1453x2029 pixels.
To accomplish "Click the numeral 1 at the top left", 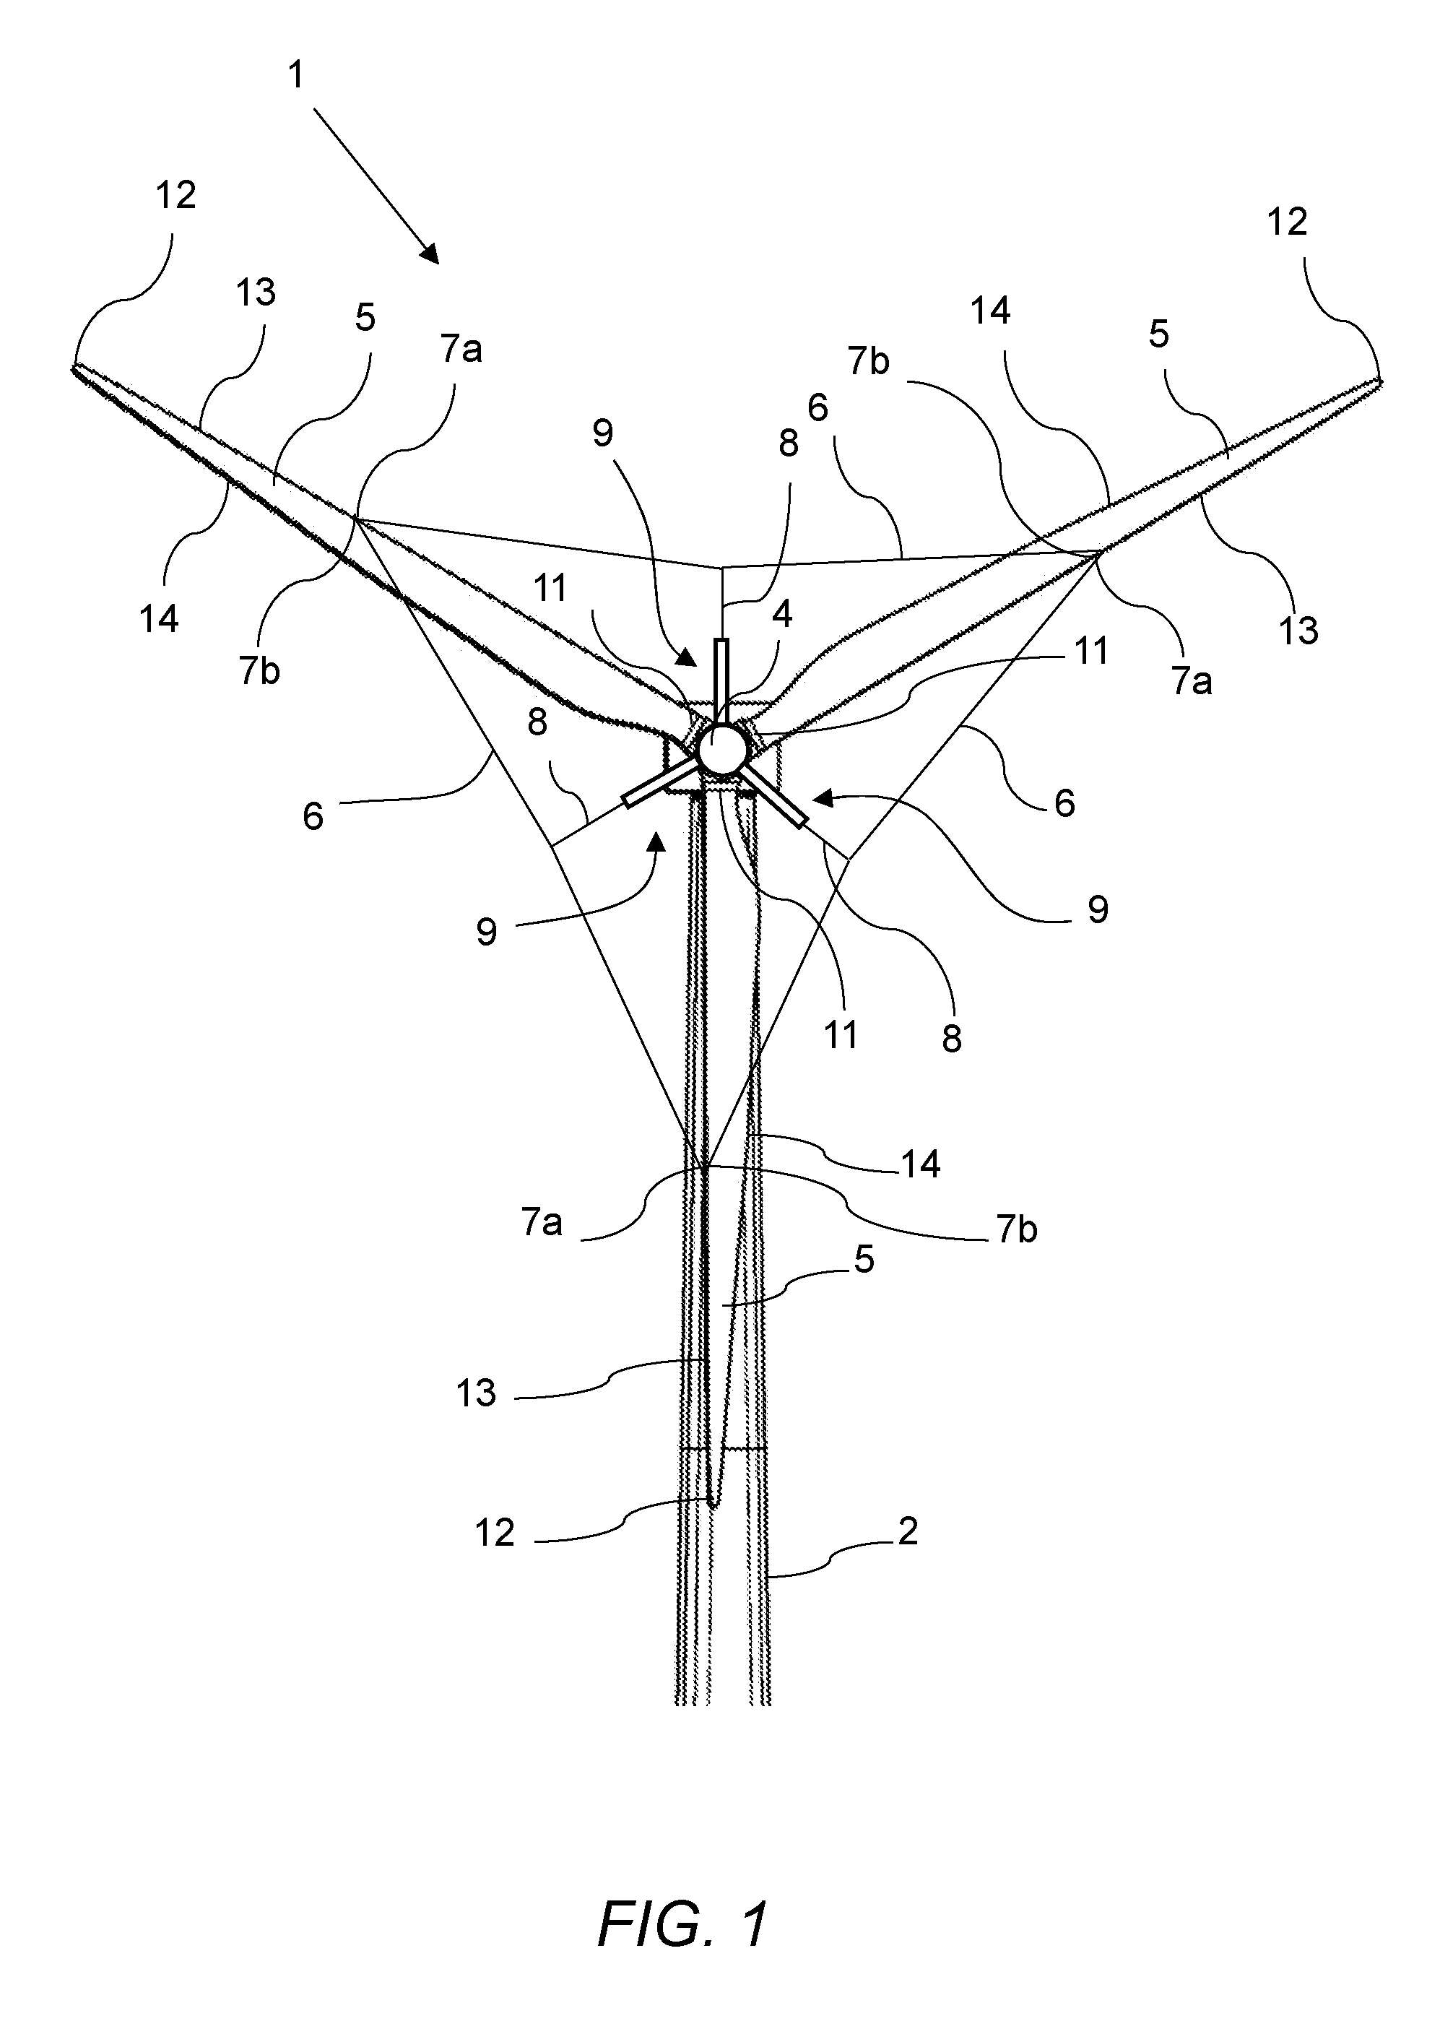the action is point(295,75).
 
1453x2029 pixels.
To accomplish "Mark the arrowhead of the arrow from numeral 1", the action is point(430,255).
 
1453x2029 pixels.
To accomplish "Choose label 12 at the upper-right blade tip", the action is point(1288,222).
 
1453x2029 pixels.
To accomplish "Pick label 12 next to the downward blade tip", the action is point(495,1533).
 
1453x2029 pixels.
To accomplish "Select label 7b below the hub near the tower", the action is point(1016,1230).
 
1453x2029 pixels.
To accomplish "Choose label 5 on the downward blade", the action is point(864,1259).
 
